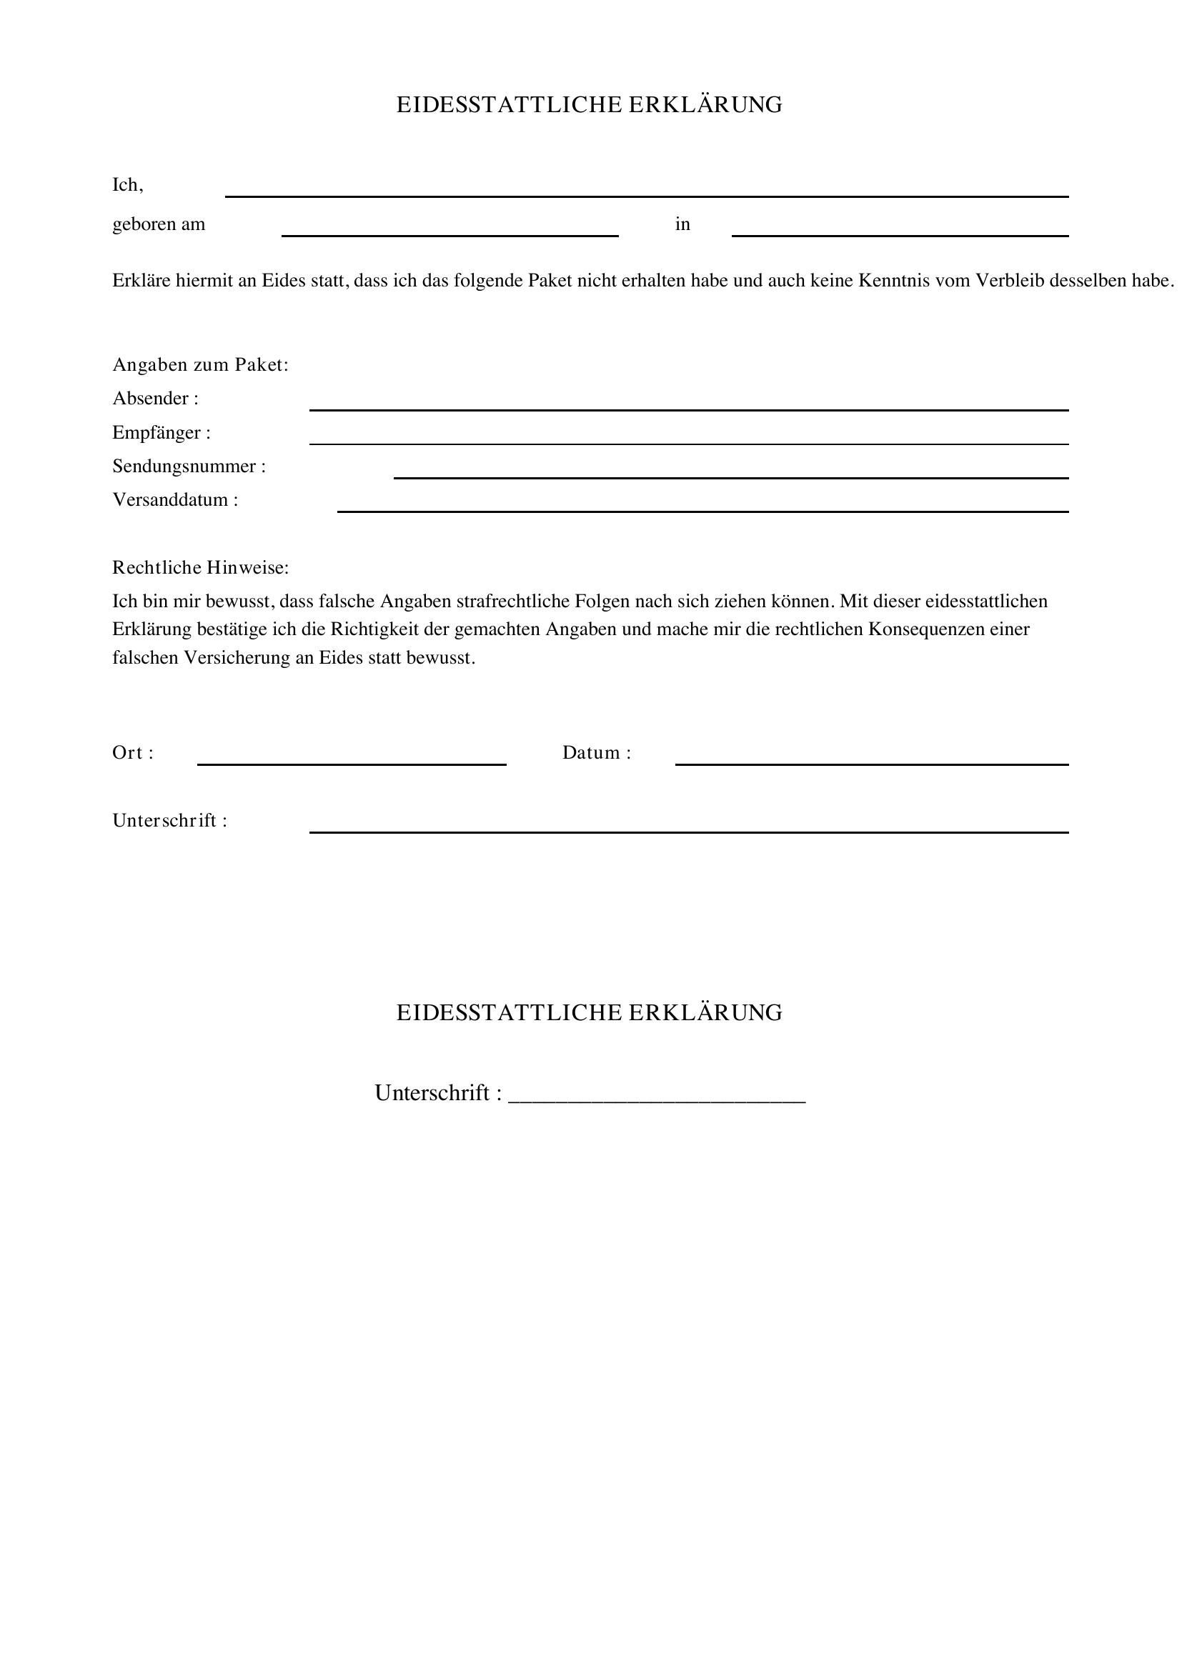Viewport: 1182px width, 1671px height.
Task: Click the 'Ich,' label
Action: [x=128, y=186]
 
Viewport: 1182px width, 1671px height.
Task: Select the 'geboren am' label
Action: [x=159, y=224]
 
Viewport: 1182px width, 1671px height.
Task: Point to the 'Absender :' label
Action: [x=155, y=399]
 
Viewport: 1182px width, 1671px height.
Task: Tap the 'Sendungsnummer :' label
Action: [x=189, y=467]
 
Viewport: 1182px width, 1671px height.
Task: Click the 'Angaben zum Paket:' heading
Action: [x=200, y=365]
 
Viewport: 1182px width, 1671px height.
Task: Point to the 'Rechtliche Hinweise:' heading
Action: [x=200, y=568]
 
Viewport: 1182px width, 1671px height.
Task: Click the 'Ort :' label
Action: [x=133, y=753]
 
